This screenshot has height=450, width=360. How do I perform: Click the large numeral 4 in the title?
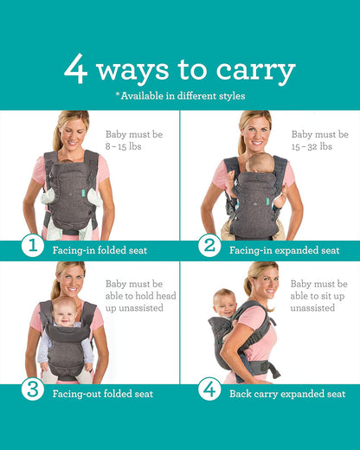(x=76, y=68)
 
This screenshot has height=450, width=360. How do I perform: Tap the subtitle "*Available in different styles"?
(x=180, y=95)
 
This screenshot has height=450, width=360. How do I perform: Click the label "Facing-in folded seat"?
(x=100, y=250)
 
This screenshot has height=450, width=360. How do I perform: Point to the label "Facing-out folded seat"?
(x=103, y=394)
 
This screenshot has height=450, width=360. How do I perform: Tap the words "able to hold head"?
(x=141, y=295)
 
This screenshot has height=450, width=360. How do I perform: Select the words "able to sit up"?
(x=318, y=295)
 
